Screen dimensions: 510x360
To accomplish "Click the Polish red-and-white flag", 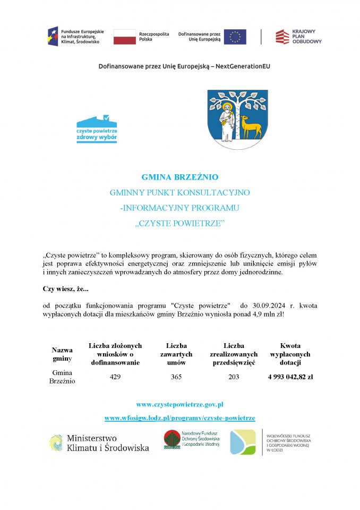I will [x=124, y=37].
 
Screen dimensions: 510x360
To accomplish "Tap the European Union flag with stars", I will [x=235, y=37].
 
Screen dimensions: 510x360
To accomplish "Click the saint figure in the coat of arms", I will [x=226, y=120].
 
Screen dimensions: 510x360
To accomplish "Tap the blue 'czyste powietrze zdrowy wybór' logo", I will [x=97, y=129].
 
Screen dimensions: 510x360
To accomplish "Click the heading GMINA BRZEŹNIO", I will [x=180, y=177].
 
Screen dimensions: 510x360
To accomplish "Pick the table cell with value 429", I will [x=115, y=377].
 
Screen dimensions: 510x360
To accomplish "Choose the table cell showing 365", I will [x=176, y=377].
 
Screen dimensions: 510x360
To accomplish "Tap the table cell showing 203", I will [x=234, y=377].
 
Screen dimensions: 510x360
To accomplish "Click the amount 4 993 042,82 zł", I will [x=290, y=377].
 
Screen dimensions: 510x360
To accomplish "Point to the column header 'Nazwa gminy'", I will [x=62, y=354].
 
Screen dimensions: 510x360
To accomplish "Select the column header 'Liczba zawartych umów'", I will [x=176, y=354].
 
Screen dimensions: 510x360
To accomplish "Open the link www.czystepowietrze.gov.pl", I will [x=179, y=405].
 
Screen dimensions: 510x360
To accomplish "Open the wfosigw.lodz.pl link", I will [x=179, y=418].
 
